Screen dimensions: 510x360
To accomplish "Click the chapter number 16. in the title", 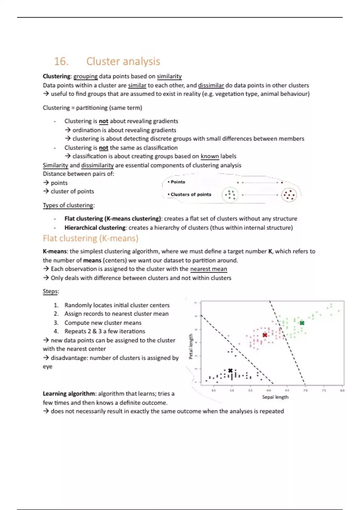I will (x=61, y=61).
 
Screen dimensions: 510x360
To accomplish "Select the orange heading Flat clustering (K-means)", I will (x=91, y=238).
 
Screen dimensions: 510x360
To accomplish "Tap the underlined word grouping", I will (x=85, y=76).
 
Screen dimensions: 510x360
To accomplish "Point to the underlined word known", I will (x=210, y=156).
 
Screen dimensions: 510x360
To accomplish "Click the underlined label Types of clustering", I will (x=68, y=205).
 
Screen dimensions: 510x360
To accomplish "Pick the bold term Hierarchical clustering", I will (x=95, y=228).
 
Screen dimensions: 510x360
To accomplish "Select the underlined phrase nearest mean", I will (x=208, y=269).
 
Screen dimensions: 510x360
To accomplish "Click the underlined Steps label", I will (x=50, y=292).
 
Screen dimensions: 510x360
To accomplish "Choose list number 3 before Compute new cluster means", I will (x=56, y=323).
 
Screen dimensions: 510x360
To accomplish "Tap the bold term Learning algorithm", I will (x=69, y=394).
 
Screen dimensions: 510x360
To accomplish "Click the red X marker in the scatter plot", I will (x=265, y=335).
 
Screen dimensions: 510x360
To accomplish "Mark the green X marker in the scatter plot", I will (x=302, y=323).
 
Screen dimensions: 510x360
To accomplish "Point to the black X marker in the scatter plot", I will (x=230, y=371).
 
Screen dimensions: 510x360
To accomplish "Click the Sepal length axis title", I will (x=275, y=397).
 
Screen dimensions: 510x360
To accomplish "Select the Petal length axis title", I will (x=191, y=346).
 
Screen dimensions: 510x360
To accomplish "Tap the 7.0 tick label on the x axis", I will (x=305, y=391).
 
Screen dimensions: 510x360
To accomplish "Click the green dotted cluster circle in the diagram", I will (x=230, y=195).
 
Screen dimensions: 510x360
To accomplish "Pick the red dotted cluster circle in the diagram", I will (x=289, y=195).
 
